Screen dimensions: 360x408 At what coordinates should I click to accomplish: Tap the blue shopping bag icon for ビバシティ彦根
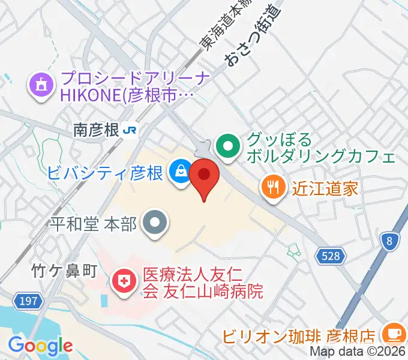pyautogui.click(x=179, y=173)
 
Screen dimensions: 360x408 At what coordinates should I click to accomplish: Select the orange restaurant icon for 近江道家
pyautogui.click(x=272, y=188)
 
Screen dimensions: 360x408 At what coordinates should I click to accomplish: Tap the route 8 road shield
pyautogui.click(x=389, y=241)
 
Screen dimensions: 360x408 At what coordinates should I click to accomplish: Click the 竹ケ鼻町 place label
pyautogui.click(x=64, y=271)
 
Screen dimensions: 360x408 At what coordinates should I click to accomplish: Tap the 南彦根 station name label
pyautogui.click(x=96, y=130)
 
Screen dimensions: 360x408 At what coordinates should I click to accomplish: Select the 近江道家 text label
pyautogui.click(x=325, y=188)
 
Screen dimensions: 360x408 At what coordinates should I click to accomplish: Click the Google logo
pyautogui.click(x=40, y=346)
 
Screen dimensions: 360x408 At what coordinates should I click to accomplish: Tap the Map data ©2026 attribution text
pyautogui.click(x=358, y=352)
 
